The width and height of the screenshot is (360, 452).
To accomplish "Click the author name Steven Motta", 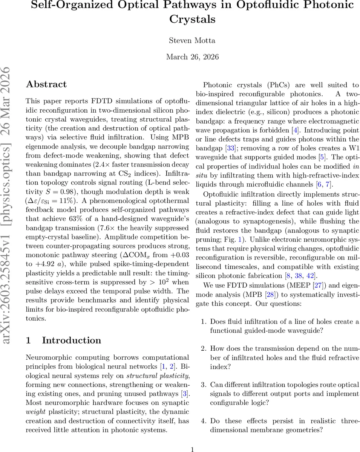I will pos(192,40).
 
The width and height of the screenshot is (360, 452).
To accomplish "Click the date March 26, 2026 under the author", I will pos(192,57).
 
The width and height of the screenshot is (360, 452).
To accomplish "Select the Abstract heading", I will pos(46,84).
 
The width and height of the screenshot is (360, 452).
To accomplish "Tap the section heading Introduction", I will pos(72,341).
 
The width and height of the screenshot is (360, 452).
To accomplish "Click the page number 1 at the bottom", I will pos(192,449).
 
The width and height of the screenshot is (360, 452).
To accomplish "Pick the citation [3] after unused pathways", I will pos(184,394).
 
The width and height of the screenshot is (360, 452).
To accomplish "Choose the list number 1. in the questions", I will pos(204,322).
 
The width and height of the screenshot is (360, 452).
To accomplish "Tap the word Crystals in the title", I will pos(192,19).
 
